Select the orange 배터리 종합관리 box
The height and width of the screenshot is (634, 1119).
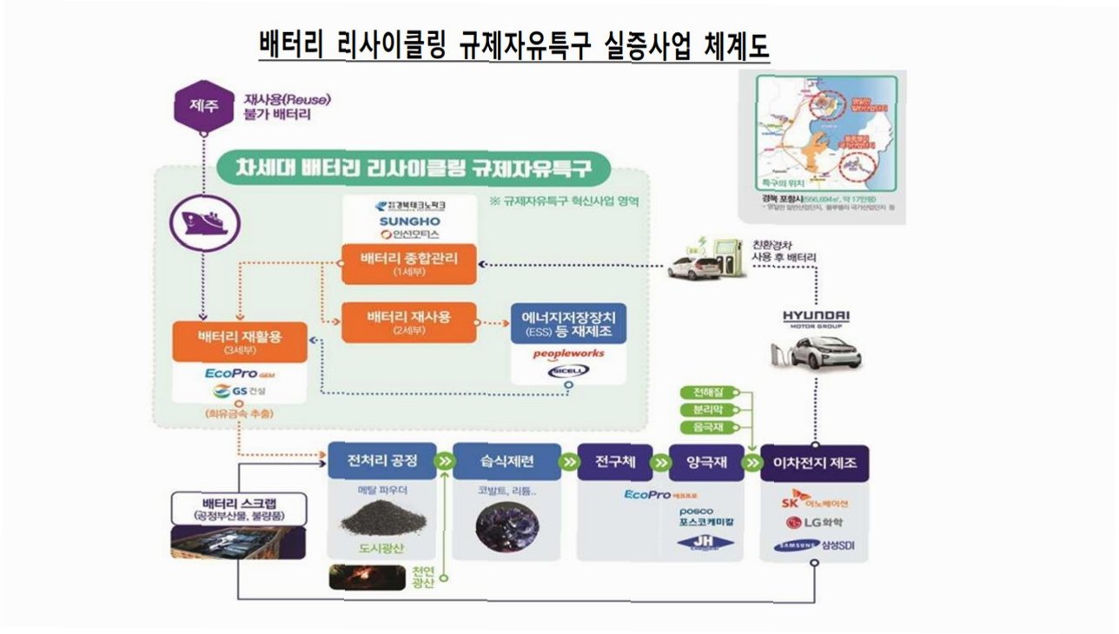(409, 263)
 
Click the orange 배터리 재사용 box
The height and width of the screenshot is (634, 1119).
(409, 323)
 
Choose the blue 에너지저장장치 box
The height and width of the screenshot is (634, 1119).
(568, 323)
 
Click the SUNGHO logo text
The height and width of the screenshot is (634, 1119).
(407, 221)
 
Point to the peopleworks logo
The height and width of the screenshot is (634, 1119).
(567, 353)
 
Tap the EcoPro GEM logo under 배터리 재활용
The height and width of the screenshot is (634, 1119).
(239, 373)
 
